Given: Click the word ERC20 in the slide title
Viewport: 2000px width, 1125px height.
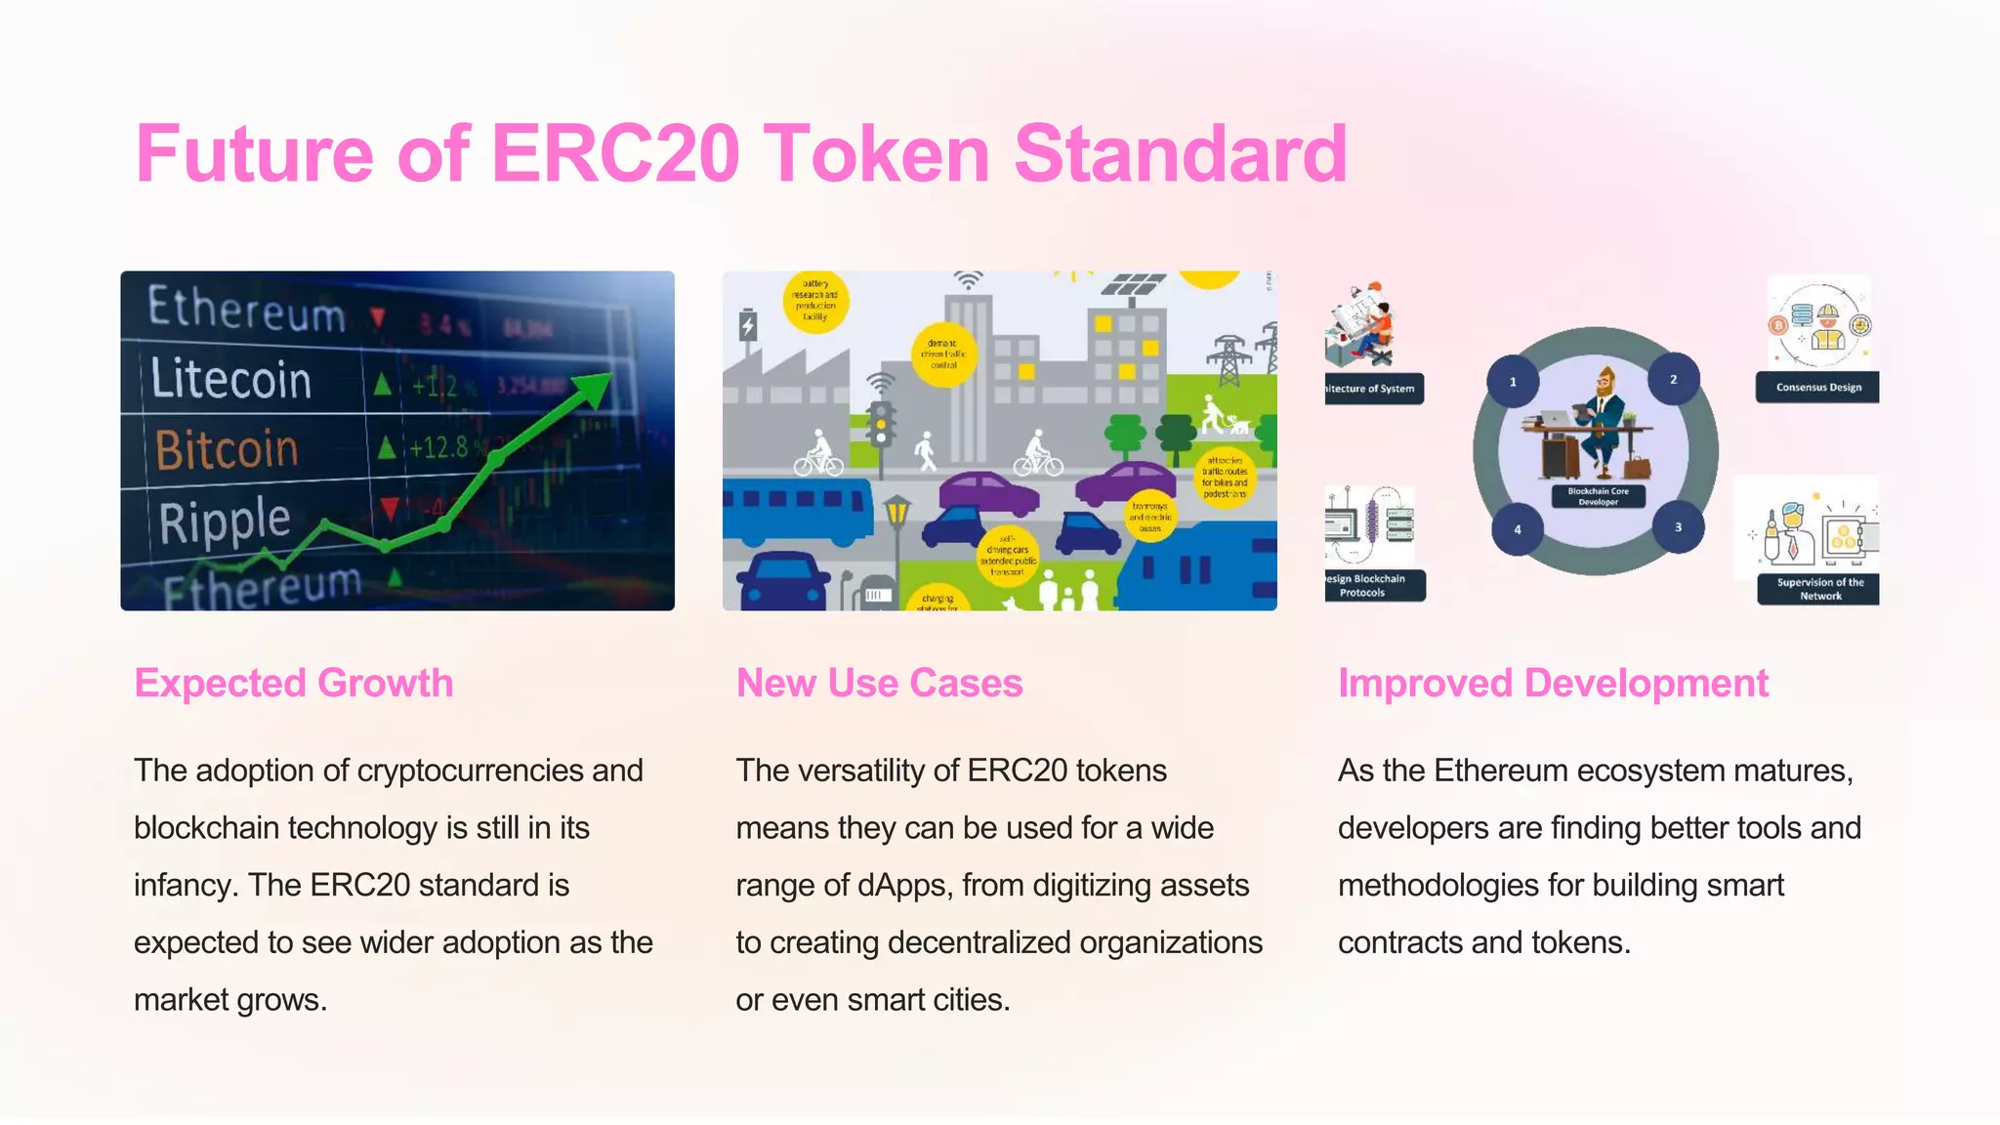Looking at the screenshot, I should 614,153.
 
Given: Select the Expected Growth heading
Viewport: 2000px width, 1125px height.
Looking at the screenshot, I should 293,683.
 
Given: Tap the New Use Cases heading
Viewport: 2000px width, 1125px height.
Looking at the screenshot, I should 879,683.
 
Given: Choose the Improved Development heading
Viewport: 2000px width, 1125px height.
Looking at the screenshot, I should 1553,683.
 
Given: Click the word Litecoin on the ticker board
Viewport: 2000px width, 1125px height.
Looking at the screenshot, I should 231,379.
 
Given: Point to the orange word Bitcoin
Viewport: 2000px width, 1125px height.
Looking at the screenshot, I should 227,449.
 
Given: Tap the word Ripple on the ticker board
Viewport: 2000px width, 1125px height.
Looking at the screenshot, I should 225,521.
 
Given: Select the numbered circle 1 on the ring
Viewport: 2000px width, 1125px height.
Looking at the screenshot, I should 1513,382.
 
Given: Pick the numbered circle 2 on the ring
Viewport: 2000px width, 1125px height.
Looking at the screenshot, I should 1673,379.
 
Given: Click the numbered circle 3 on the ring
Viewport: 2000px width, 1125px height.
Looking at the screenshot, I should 1678,527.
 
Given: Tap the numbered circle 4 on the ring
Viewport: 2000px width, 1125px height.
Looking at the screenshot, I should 1518,529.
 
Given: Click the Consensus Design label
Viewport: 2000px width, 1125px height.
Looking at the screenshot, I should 1817,388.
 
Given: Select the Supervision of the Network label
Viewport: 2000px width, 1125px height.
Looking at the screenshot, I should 1819,589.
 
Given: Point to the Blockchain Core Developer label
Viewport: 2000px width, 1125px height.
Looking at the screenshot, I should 1598,496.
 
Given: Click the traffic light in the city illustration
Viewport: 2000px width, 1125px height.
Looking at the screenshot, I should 882,424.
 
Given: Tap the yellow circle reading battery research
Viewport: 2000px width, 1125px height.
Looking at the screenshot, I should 815,302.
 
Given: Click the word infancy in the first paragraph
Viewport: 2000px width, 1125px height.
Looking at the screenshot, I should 185,886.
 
